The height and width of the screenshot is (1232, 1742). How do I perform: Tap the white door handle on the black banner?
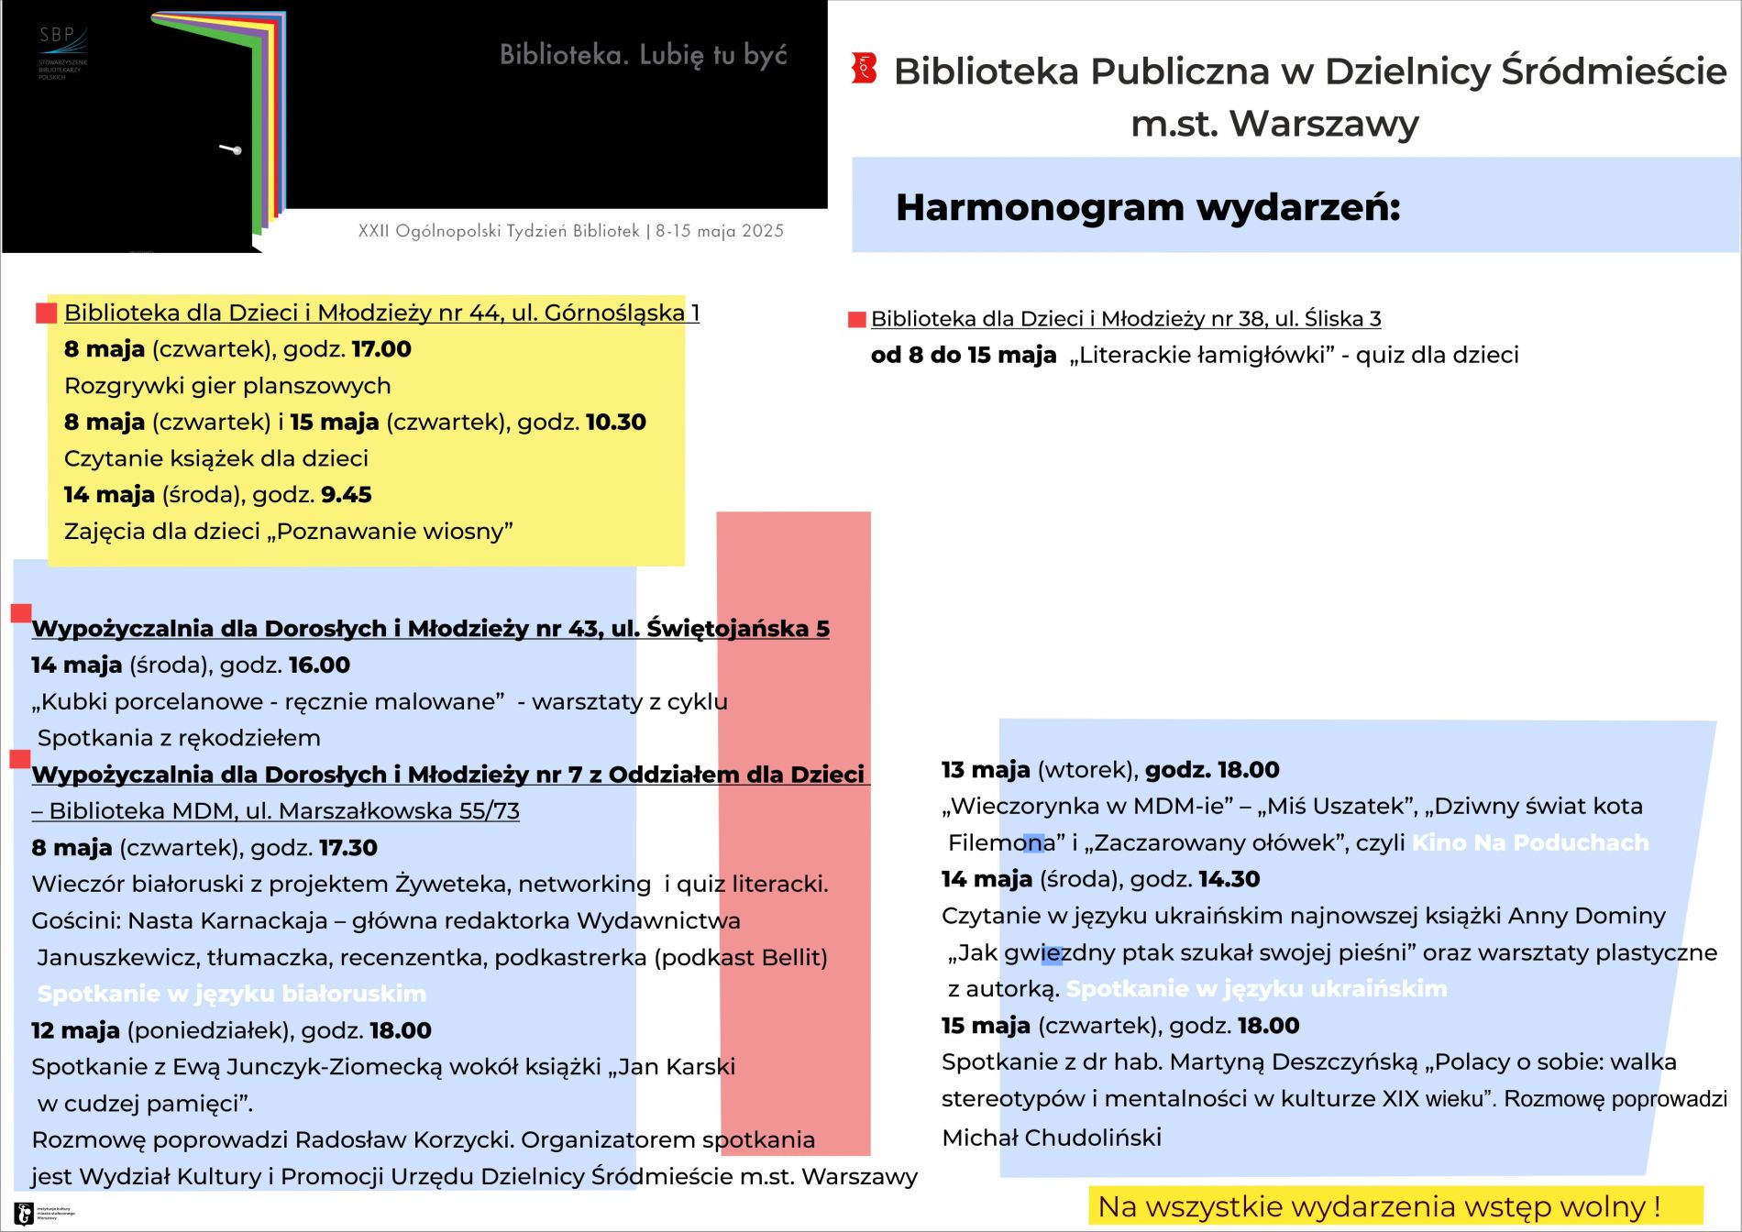231,148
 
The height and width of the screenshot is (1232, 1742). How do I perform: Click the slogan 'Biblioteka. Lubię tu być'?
643,55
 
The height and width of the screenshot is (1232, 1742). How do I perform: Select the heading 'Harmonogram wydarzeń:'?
1148,207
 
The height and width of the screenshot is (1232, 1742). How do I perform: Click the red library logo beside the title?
864,69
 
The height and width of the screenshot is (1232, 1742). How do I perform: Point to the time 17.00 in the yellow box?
381,349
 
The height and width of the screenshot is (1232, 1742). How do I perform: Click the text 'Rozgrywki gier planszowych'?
227,386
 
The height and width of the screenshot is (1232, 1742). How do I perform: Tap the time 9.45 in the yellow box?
346,495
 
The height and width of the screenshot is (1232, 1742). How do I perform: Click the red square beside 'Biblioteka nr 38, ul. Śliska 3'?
857,319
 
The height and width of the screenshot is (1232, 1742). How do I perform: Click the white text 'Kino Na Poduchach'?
1529,842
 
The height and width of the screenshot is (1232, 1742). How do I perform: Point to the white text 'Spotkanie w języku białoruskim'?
232,994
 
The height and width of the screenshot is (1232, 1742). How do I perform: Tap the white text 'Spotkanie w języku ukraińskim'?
1256,989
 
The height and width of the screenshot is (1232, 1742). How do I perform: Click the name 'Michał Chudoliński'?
1052,1138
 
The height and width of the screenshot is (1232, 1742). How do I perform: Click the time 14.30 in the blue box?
1229,879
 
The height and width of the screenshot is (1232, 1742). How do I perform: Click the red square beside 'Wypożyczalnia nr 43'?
21,613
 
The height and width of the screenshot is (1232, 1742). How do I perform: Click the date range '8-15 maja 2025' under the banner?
720,231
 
